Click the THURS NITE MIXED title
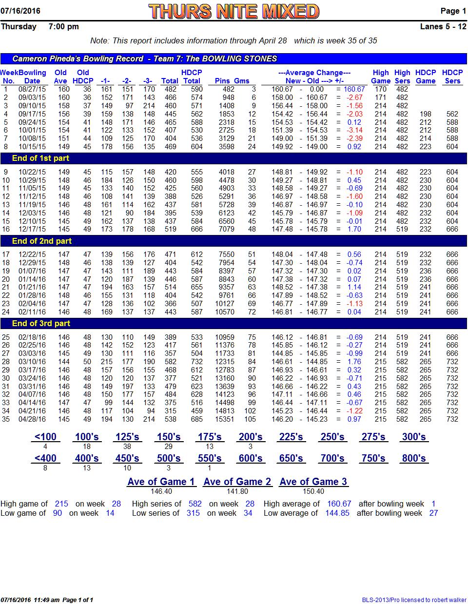234,11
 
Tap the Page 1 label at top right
453,11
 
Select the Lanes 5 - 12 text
443,26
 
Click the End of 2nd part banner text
42,241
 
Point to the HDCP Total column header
192,77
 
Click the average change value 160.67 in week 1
354,89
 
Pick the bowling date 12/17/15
32,229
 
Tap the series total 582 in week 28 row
170,362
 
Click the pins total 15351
225,419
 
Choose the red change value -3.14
354,130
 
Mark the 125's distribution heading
127,437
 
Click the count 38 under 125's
127,447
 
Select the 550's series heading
209,458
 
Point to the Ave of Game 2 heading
237,482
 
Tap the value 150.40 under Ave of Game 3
313,491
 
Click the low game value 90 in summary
57,513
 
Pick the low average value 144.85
337,513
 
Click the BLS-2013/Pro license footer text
414,600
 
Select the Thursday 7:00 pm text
40,26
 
